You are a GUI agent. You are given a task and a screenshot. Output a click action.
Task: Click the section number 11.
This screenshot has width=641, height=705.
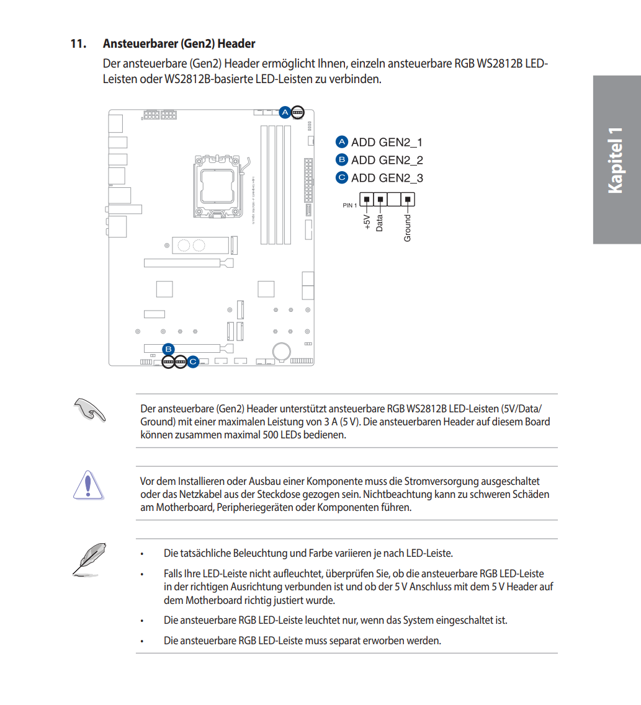click(77, 44)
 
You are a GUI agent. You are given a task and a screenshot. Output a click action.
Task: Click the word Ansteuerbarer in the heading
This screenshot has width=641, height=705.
click(141, 44)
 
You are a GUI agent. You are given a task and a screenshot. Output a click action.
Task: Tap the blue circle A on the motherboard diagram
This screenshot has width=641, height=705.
click(285, 112)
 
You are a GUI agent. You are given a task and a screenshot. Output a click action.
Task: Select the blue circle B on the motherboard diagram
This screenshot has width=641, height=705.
click(168, 348)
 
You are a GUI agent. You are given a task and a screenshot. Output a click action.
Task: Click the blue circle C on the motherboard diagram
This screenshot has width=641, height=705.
click(193, 361)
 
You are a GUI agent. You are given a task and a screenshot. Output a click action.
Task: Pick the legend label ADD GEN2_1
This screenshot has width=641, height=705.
click(387, 143)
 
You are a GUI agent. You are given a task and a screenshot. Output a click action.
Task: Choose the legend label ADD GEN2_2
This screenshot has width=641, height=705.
click(387, 160)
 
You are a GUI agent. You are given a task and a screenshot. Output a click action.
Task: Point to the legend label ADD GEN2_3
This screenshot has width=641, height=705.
click(387, 178)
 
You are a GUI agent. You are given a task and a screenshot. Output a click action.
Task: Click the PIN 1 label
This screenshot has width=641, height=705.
click(349, 205)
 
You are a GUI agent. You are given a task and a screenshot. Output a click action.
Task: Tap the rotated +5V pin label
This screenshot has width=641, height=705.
click(367, 223)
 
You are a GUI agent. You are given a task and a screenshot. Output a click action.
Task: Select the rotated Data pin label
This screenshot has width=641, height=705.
click(380, 221)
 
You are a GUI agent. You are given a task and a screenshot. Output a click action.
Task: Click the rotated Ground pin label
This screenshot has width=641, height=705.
click(408, 228)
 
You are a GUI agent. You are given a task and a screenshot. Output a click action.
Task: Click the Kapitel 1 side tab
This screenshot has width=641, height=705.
click(616, 160)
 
